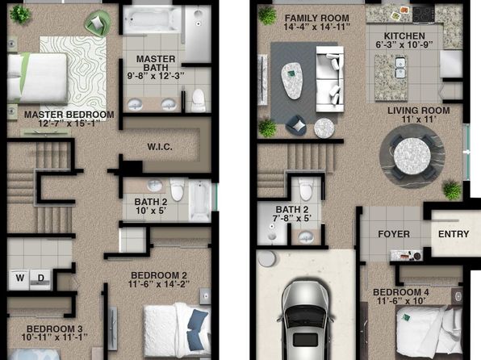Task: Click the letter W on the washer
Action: [20, 278]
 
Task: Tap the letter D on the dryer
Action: [41, 278]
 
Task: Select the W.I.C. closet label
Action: [160, 147]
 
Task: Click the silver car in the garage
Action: [306, 320]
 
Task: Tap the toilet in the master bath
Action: [199, 100]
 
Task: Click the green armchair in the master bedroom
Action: [98, 23]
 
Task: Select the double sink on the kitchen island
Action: [400, 68]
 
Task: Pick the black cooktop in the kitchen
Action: [424, 15]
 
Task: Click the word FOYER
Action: [394, 234]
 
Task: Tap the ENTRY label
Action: [454, 234]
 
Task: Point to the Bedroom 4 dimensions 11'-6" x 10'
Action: [400, 301]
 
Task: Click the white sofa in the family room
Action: [330, 79]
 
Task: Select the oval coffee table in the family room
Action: [291, 81]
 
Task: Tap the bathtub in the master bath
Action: [152, 19]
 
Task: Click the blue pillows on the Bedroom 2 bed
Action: [197, 329]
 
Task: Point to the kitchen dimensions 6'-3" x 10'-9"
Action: [404, 45]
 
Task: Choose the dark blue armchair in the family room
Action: [296, 125]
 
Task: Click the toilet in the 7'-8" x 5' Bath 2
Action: [306, 190]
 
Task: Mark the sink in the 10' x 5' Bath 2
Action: [155, 186]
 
